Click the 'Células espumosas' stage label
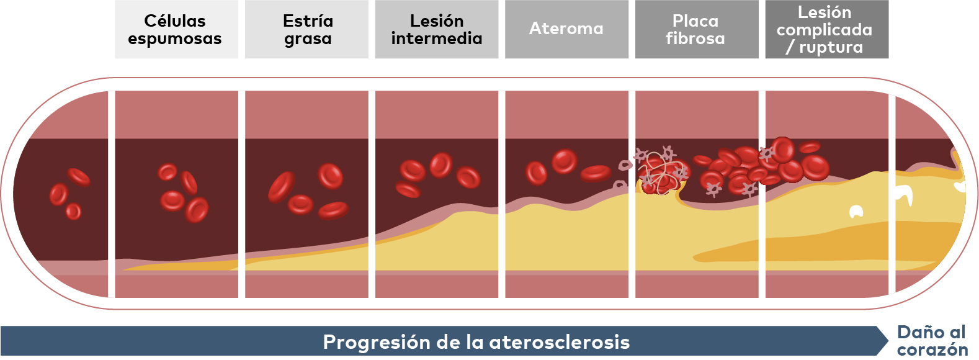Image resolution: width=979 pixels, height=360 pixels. click(x=175, y=30)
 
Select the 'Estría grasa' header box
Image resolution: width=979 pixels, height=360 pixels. click(x=307, y=29)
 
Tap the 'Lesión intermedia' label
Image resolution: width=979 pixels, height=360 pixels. click(x=437, y=30)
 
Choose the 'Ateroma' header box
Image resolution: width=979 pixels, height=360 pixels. click(x=567, y=29)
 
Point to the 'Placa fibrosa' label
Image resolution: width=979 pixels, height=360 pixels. click(x=695, y=30)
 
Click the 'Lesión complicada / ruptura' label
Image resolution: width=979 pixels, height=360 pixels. click(x=825, y=30)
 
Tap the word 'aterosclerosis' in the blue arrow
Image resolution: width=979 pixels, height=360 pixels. click(x=560, y=342)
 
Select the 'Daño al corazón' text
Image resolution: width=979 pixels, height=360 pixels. click(x=932, y=341)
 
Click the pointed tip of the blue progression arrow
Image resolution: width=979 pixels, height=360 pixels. click(x=888, y=341)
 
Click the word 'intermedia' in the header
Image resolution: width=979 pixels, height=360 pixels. click(x=437, y=38)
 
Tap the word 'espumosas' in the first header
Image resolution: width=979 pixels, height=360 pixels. click(x=175, y=39)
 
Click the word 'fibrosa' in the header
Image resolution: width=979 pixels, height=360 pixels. click(x=695, y=38)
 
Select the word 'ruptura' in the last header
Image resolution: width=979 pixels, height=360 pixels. click(x=831, y=47)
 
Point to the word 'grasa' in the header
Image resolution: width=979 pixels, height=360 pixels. click(x=308, y=39)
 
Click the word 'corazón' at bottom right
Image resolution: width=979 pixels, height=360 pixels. click(x=932, y=350)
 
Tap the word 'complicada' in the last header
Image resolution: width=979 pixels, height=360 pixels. click(x=825, y=30)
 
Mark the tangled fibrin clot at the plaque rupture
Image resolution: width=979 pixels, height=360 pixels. click(x=661, y=171)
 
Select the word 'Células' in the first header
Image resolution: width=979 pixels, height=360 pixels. click(x=175, y=21)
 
